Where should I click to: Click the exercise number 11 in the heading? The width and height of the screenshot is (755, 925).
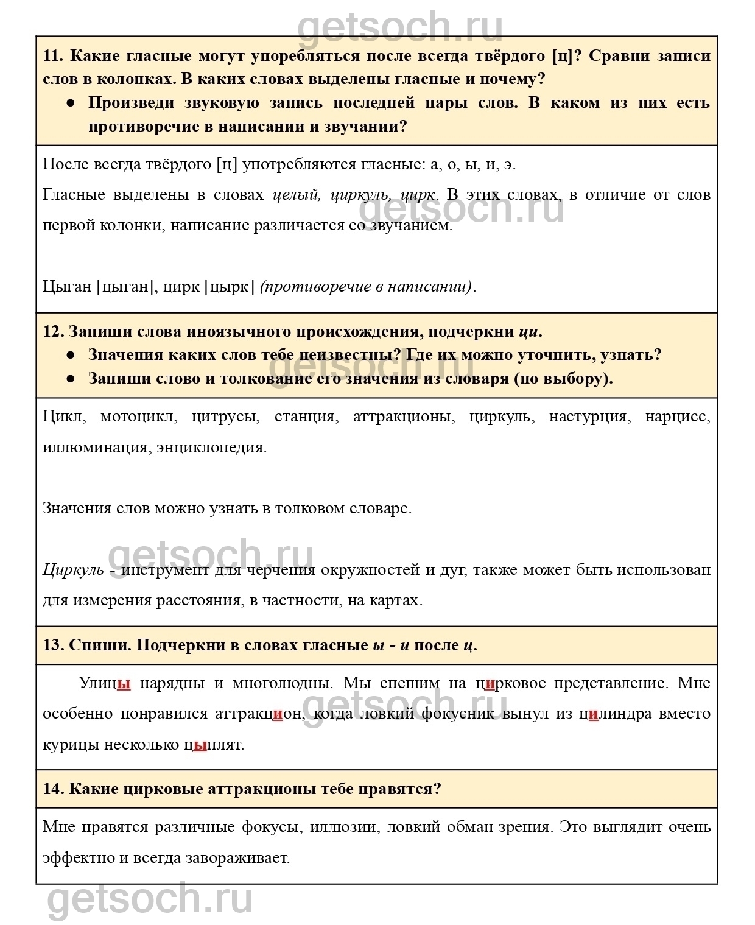52,56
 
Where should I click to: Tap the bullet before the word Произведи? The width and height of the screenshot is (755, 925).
71,103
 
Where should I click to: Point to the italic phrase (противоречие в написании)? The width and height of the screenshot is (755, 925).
366,286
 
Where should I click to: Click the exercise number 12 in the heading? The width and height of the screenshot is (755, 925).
52,332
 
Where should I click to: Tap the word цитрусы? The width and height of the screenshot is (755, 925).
225,417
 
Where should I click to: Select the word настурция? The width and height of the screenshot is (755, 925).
588,417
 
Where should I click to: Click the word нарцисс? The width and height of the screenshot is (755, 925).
677,417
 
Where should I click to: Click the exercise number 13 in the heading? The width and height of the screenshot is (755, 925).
52,645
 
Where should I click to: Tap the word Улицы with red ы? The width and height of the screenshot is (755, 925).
105,683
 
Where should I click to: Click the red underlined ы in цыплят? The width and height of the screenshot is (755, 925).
200,745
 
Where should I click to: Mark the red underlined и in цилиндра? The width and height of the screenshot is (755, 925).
594,714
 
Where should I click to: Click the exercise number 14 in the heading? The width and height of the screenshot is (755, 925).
52,789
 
